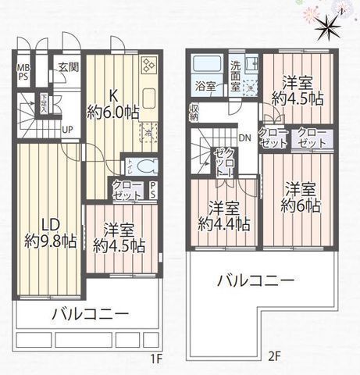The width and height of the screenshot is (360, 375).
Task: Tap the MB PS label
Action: click(23, 72)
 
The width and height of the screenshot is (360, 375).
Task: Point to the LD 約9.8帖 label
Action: click(48, 230)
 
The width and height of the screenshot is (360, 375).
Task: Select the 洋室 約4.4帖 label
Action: click(223, 216)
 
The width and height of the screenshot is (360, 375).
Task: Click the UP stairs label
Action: click(68, 129)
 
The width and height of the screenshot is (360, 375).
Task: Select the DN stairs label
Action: click(244, 139)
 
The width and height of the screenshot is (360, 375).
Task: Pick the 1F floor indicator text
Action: click(155, 360)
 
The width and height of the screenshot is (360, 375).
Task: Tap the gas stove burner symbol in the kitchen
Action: click(148, 65)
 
